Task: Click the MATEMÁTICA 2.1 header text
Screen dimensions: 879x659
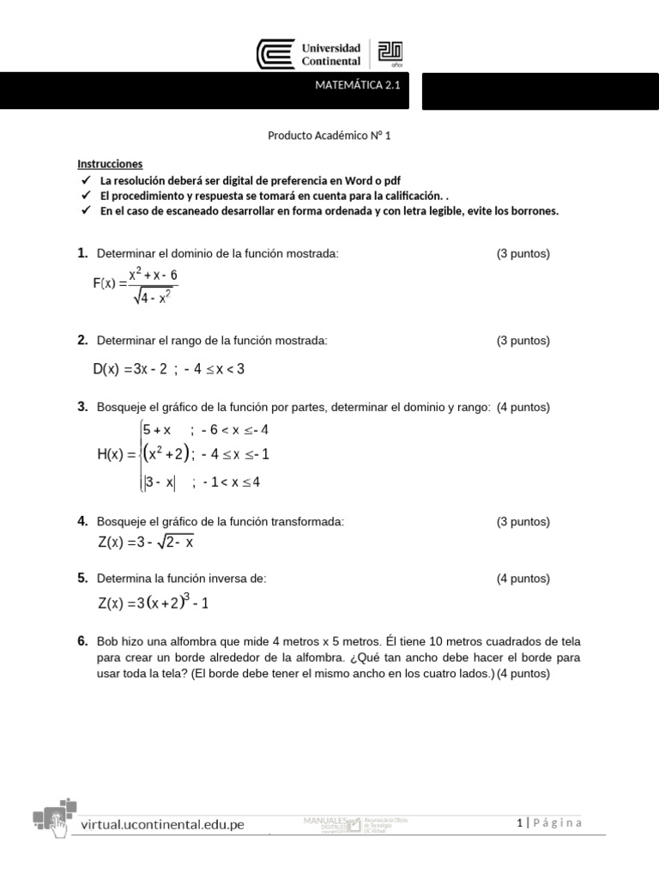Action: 358,85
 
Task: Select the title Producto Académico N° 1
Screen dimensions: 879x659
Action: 329,136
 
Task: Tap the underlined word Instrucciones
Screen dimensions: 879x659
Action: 110,164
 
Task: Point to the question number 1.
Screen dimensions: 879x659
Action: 82,253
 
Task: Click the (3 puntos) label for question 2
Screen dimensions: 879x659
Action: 523,341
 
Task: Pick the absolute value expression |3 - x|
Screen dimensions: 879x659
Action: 160,482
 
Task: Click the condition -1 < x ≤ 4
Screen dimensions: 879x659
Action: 231,482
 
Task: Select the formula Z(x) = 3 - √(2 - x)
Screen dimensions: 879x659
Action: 146,543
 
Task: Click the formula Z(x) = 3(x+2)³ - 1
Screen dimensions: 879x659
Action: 154,603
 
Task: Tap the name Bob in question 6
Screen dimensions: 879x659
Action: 108,642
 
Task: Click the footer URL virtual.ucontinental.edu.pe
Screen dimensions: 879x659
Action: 162,824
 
